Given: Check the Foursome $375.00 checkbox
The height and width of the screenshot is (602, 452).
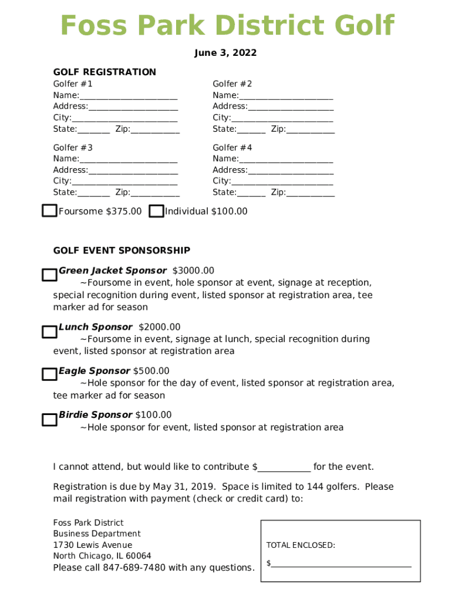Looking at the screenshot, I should pos(49,211).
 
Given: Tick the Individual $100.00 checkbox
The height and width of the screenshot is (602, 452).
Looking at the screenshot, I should pos(156,212).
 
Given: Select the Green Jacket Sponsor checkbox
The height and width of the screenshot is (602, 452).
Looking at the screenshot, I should pos(49,275).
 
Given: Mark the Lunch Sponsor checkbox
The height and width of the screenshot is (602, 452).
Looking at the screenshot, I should pos(49,332).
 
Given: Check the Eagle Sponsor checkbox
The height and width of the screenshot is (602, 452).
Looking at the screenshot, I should pos(49,374).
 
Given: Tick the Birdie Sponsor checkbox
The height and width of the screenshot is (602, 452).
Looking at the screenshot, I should pos(49,420).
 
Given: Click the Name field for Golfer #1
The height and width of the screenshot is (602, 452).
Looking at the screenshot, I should pos(129,96).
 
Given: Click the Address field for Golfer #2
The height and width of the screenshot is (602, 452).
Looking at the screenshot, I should pos(291,107).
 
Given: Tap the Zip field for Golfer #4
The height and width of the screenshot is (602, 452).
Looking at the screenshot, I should pos(311,193).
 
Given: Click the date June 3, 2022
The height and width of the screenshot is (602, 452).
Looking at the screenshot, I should pos(225,53).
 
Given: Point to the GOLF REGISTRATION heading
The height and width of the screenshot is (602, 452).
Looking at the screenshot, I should pos(104,72).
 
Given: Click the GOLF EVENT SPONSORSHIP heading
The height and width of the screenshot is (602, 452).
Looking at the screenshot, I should pos(122,250).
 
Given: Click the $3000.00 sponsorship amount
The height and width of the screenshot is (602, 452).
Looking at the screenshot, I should pos(193,270).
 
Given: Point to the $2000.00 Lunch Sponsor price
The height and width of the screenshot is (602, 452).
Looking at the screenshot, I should pos(160,327).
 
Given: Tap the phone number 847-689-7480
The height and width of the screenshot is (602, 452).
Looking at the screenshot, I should pos(134,568).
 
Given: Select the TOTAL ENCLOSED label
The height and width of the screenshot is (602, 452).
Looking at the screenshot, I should pos(301,546).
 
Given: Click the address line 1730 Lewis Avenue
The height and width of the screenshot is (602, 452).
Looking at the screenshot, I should pos(93,545).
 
